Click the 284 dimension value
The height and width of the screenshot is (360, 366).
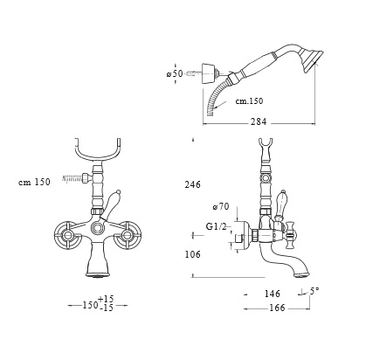point(259,121)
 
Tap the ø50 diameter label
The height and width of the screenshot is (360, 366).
point(174,73)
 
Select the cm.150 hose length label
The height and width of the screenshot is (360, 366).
point(249,100)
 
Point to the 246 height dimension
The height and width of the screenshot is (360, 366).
point(192,184)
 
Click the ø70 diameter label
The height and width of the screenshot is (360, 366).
point(221,207)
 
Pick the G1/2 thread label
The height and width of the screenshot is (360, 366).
point(216,226)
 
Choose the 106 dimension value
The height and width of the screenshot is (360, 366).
point(192,254)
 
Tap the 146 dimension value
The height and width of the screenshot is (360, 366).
point(273,294)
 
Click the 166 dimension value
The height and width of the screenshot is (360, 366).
point(277,308)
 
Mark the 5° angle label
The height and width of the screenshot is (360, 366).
point(314,291)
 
